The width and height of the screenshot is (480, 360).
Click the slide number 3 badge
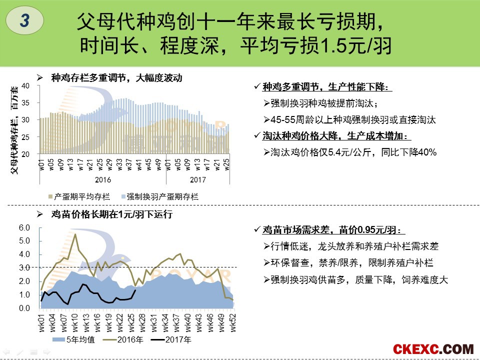point(25,20)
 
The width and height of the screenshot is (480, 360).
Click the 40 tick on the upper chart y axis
point(27,86)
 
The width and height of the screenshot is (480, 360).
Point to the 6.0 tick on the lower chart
point(24,228)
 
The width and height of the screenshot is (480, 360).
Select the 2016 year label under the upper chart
point(103,179)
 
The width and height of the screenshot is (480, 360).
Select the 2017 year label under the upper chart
point(197,179)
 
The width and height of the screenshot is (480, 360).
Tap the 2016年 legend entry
point(122,340)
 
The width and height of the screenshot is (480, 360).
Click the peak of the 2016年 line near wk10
point(75,234)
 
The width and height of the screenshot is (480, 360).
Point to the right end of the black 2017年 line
point(135,290)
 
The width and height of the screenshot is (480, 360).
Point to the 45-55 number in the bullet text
point(282,120)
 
